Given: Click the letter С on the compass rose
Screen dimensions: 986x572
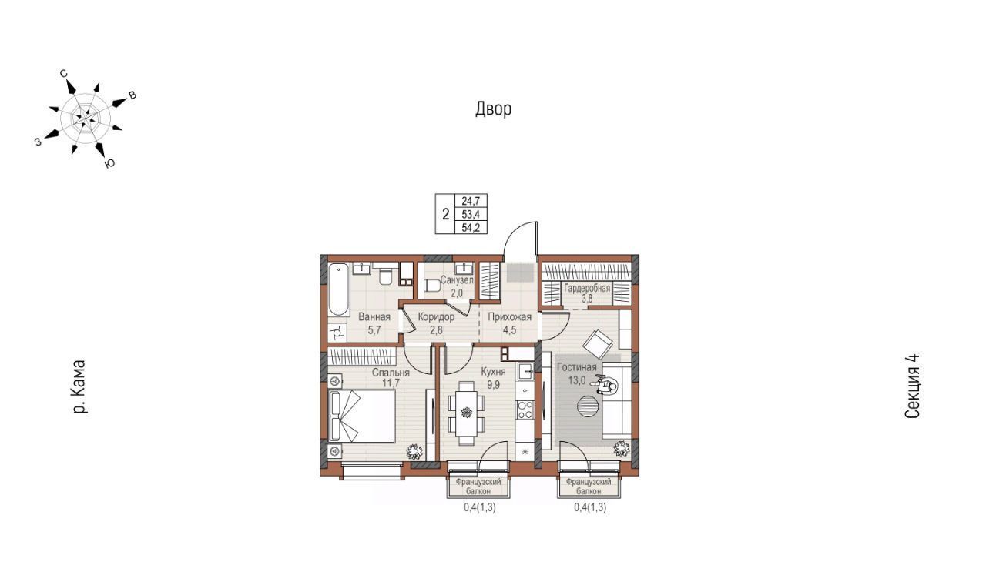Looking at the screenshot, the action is click(64, 73).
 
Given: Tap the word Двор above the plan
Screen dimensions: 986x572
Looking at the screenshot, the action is click(493, 109).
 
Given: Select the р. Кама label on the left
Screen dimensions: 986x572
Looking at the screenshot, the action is click(79, 387).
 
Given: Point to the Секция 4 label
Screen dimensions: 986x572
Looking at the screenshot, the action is click(912, 386).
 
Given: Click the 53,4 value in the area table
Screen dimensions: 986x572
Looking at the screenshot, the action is click(471, 214).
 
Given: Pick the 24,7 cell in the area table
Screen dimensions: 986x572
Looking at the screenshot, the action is click(471, 201).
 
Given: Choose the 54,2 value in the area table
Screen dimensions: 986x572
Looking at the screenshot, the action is click(471, 227).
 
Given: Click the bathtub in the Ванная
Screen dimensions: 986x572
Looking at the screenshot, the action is click(338, 289).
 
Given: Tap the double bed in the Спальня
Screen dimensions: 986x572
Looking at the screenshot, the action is click(361, 416).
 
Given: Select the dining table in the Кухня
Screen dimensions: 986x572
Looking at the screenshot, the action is click(466, 413).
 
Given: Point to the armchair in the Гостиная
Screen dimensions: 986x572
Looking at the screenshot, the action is click(597, 345).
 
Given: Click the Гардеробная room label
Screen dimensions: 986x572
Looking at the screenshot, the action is click(587, 288).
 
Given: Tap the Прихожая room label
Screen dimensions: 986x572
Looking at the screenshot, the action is click(509, 317).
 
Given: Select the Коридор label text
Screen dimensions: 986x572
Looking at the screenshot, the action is click(436, 317).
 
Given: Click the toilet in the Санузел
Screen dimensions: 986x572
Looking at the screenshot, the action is click(432, 286).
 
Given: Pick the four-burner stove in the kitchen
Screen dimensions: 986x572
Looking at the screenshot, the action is click(525, 410).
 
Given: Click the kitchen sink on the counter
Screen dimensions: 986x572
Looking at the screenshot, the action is click(526, 371).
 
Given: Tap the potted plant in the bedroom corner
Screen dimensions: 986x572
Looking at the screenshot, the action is click(414, 451).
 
